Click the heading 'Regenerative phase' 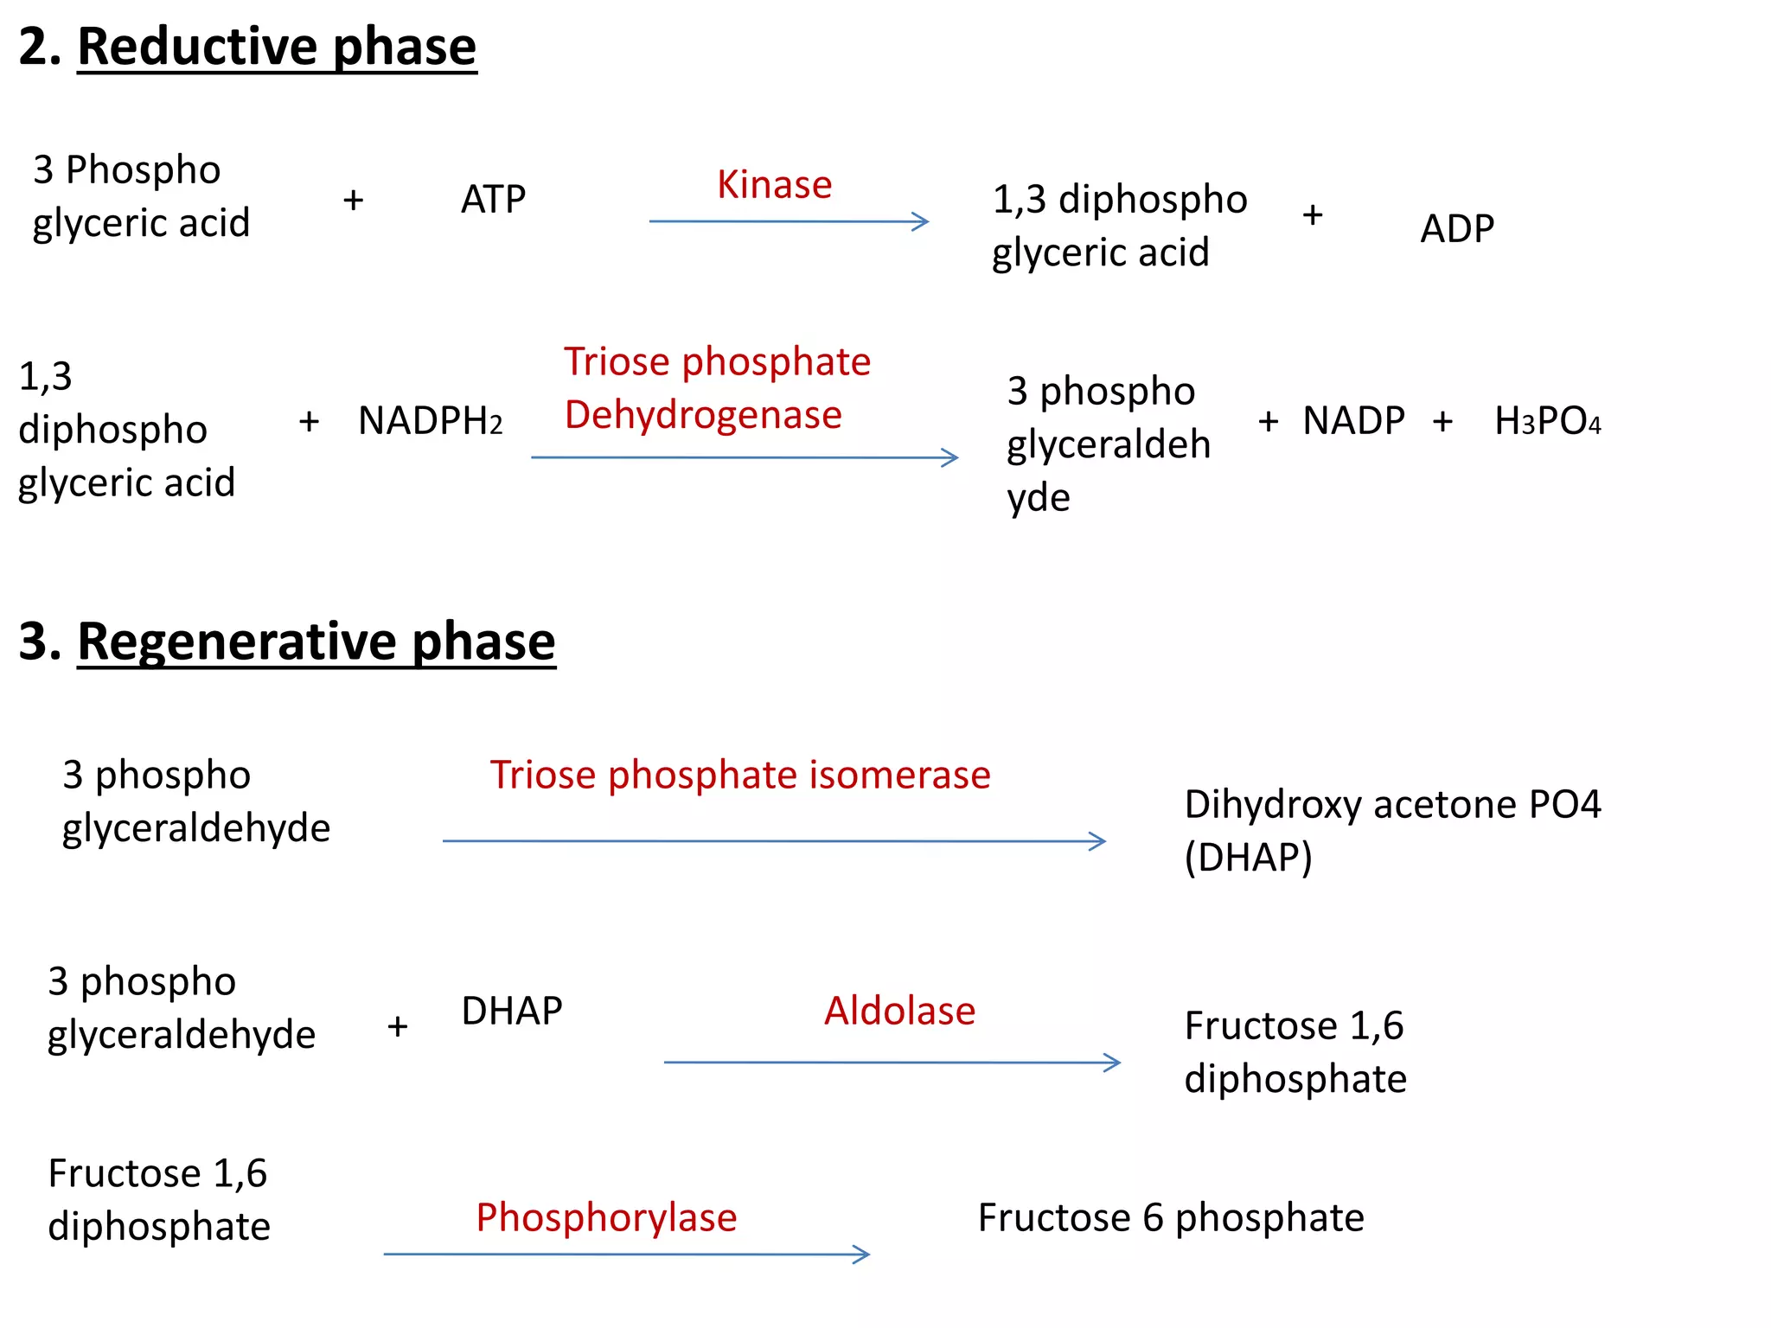click(x=316, y=642)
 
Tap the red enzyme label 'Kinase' click(x=774, y=185)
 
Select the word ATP click(x=493, y=200)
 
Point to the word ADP click(x=1457, y=229)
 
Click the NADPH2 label click(x=430, y=421)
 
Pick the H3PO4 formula click(x=1547, y=421)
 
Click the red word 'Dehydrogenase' click(x=703, y=415)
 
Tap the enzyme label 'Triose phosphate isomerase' click(x=739, y=775)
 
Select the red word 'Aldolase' click(x=899, y=1011)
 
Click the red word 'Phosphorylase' click(x=606, y=1217)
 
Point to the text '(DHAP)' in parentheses click(x=1248, y=858)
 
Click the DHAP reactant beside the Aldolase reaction click(x=511, y=1011)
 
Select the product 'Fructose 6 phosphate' click(x=1170, y=1217)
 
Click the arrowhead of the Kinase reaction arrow click(x=922, y=221)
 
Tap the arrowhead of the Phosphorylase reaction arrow click(x=863, y=1255)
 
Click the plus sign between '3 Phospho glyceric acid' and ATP click(x=353, y=201)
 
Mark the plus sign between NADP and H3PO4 click(x=1442, y=422)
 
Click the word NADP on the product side click(x=1353, y=421)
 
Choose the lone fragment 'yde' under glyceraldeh click(x=1039, y=498)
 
